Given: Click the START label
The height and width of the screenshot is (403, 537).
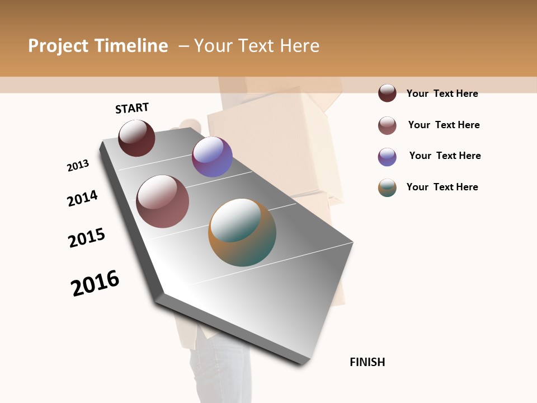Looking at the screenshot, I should [x=132, y=108].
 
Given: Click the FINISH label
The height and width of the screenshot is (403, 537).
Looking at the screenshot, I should [x=368, y=362].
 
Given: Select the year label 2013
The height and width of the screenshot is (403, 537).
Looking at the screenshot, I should [x=78, y=166].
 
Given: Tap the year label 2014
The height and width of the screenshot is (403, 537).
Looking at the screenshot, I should [x=82, y=198].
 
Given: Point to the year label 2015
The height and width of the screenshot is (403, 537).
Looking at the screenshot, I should [x=87, y=238].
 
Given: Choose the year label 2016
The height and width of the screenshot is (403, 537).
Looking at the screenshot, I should [x=95, y=283].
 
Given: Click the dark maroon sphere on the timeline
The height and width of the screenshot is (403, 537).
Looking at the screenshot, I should [x=136, y=138].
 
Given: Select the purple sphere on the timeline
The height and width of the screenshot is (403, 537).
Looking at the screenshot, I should [x=212, y=157].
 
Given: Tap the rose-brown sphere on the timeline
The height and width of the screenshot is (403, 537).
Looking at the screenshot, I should [x=162, y=201].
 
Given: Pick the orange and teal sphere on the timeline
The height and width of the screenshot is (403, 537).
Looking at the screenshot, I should [x=242, y=232].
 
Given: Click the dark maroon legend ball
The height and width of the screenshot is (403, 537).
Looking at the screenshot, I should [x=387, y=93].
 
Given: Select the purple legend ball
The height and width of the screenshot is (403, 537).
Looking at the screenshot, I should [x=387, y=157].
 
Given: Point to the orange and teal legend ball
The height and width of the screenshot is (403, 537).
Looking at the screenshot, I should [x=387, y=188].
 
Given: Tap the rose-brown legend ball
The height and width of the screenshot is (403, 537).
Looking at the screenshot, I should [x=387, y=125].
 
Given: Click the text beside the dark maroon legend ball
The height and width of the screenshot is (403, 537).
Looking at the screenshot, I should [x=442, y=93].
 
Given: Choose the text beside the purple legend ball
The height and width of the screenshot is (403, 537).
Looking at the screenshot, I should [x=445, y=156].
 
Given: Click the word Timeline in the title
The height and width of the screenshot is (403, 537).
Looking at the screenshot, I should [x=131, y=46].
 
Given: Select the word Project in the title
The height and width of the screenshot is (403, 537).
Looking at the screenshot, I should [x=58, y=46].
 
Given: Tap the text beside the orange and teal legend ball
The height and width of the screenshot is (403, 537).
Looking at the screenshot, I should [x=442, y=187].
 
